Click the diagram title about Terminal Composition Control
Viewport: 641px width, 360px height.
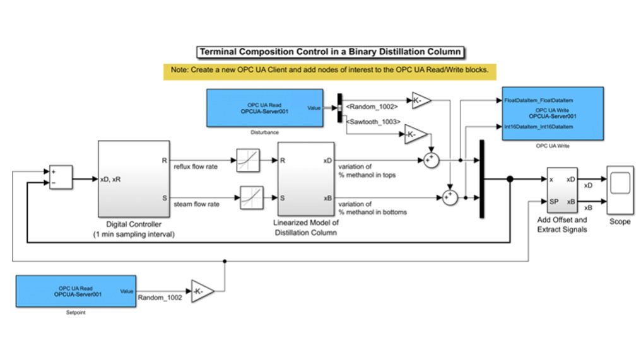330,52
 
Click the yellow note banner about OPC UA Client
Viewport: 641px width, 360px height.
326,70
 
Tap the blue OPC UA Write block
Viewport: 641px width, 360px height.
553,113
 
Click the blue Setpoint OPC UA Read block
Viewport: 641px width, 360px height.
76,291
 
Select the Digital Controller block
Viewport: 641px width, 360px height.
134,178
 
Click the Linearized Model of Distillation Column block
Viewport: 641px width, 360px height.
305,178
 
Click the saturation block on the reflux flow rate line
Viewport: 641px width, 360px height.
246,161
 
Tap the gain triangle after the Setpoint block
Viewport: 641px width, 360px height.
202,291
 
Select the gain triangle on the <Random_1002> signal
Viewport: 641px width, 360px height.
421,100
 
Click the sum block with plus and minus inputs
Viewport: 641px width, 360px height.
61,177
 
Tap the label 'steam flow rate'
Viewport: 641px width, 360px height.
198,204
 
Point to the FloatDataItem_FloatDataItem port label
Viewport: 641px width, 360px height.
538,100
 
